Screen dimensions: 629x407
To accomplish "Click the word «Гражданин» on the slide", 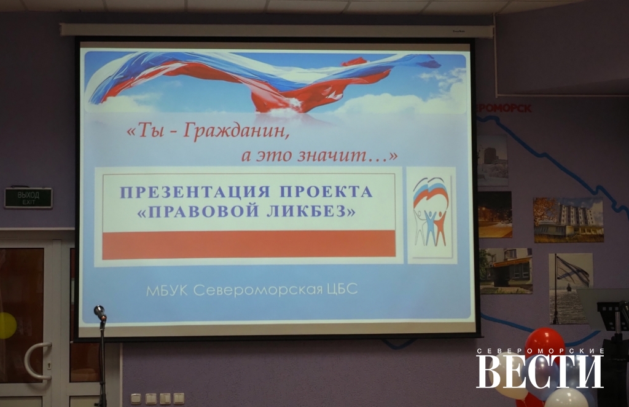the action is tap(235, 131).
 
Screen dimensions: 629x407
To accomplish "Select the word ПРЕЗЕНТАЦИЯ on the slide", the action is tap(195, 192).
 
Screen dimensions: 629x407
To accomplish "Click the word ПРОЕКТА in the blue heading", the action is tap(326, 192).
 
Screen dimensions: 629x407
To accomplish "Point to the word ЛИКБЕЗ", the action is tap(311, 211).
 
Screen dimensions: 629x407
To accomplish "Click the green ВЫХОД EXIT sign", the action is tap(28, 198).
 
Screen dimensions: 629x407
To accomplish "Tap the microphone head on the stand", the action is tap(100, 312).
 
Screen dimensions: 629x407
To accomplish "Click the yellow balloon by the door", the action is tap(7, 325).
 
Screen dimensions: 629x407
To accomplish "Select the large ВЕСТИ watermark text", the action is tap(540, 371).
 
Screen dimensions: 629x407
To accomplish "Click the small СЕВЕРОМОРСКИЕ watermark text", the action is tap(540, 351).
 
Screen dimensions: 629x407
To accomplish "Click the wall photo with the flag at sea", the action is tap(571, 288).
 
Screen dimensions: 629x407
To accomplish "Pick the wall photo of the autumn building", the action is tap(568, 220).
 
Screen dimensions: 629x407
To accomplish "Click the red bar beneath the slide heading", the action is tap(249, 244).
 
